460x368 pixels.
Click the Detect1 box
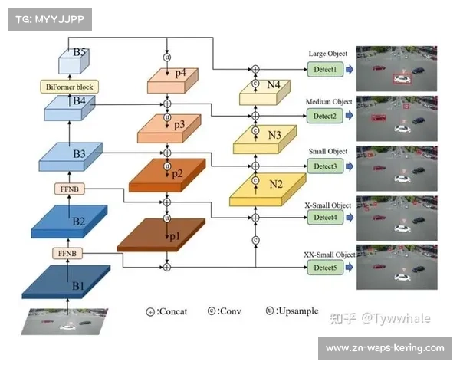[324, 70]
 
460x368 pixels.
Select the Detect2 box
[324, 116]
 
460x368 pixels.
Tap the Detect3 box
[324, 166]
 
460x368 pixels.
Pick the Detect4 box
[324, 218]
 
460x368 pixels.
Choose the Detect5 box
[324, 267]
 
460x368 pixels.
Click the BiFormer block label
[70, 86]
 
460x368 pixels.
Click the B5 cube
[74, 61]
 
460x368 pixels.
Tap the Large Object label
[327, 54]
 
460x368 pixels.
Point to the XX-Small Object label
[330, 255]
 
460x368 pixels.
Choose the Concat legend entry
[168, 311]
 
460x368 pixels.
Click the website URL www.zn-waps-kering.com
[384, 348]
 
